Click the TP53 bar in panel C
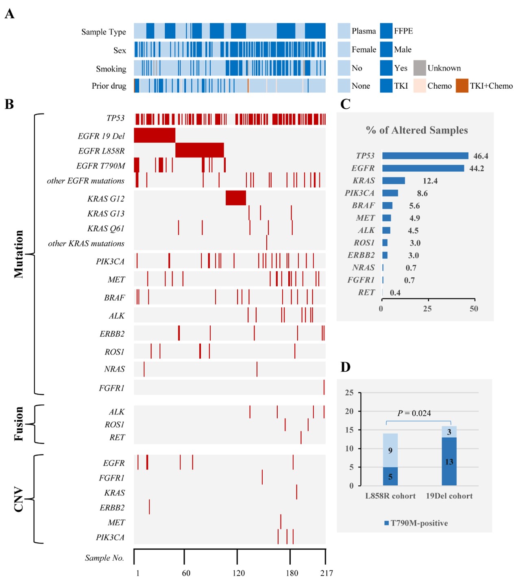(x=425, y=156)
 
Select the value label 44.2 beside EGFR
(x=477, y=169)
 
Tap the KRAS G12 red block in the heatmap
(x=236, y=198)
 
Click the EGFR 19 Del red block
(x=155, y=135)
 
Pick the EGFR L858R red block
(x=199, y=150)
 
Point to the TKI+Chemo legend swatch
(x=462, y=86)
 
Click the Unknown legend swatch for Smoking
(x=420, y=68)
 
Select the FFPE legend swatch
(x=386, y=31)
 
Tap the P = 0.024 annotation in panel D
(x=414, y=413)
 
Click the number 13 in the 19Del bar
(x=449, y=462)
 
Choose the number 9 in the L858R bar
(x=390, y=451)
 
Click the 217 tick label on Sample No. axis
(x=327, y=573)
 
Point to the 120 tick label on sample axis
(x=239, y=573)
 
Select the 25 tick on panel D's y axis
(x=349, y=393)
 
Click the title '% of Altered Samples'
(x=417, y=130)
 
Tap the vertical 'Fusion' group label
(x=19, y=424)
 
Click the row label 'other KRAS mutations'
(x=86, y=243)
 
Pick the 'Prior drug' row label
(x=109, y=86)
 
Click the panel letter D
(x=346, y=367)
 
